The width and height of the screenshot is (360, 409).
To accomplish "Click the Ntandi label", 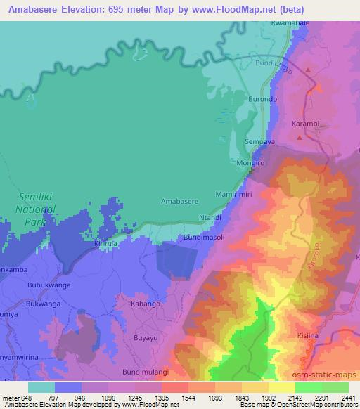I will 211,218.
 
